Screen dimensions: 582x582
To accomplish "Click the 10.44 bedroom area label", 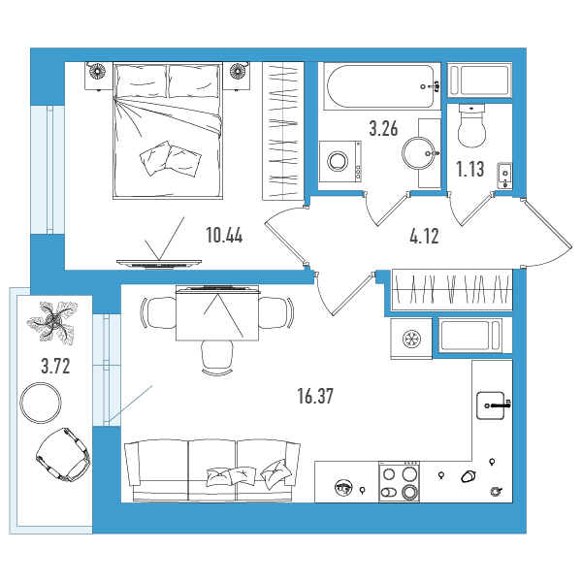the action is pos(224,236).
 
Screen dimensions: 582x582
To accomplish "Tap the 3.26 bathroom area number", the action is pos(383,128).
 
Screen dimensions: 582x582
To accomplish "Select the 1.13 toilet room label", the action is pos(469,169).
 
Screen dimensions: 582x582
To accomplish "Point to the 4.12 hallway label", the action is pos(424,236).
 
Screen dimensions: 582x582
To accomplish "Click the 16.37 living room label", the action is pos(315,396).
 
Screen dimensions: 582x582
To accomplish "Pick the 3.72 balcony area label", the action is pos(55,367).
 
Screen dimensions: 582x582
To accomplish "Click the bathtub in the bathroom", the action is pos(382,86).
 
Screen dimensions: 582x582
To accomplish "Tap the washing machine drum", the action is pos(338,161).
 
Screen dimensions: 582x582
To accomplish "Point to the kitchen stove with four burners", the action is pos(400,482).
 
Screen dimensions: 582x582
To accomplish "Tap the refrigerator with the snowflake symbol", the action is pos(411,339).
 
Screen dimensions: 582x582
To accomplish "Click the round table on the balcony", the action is pos(41,403).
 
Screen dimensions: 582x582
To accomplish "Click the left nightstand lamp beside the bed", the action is pos(98,70).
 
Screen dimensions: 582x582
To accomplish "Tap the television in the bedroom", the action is pos(159,264).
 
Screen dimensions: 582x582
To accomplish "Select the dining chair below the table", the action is pos(217,358).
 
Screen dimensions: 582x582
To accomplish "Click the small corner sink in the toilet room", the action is pos(505,176).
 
